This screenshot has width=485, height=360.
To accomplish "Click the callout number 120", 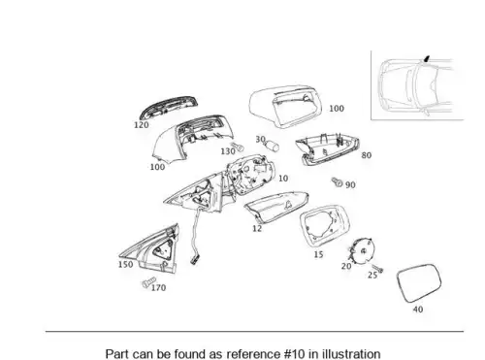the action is coord(142,125).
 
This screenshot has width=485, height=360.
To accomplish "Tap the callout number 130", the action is coord(228,151).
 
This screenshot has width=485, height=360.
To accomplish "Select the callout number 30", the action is coord(260,139).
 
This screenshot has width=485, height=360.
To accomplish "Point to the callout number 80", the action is coord(366,155).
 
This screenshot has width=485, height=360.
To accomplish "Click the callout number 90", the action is coord(350,185).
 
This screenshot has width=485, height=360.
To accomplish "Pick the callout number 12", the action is coord(257,228).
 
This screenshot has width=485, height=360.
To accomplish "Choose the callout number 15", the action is coord(318,254).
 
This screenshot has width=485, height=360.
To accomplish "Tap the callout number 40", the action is coord(418,310).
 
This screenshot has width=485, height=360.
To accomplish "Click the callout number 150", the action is coord(125,264).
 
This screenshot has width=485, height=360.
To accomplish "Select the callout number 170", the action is coord(158,287).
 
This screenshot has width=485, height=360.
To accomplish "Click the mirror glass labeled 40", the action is coord(419,283).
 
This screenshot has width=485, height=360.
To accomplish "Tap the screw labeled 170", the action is coord(148,282).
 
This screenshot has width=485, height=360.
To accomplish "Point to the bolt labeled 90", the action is coord(337,181).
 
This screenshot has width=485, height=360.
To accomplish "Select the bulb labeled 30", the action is coord(273,147).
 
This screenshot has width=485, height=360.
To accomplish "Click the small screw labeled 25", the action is coord(377,268).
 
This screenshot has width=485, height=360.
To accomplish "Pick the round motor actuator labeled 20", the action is coord(361,250).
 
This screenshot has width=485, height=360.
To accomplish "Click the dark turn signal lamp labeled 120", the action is coord(168,107).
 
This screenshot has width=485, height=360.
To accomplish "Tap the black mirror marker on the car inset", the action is coord(427,58).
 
